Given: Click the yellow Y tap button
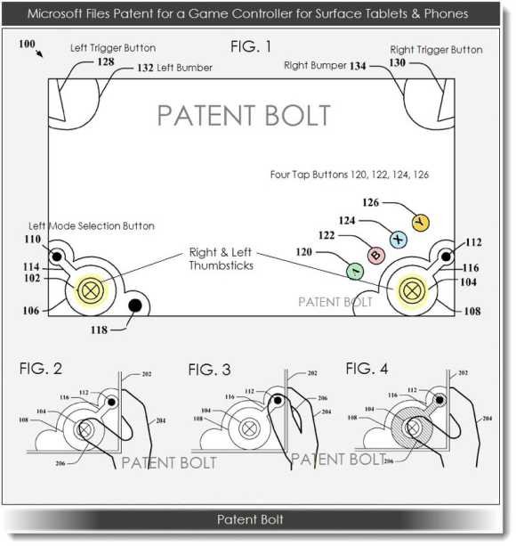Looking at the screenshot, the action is tap(421, 223).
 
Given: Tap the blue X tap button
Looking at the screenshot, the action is tap(399, 240).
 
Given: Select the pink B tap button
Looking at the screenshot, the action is tap(376, 256).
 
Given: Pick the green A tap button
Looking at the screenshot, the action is tap(355, 272).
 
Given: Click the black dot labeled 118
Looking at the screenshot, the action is tap(135, 306).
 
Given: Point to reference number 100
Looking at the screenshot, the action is tap(27, 44).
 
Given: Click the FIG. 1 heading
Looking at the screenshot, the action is tap(251, 46).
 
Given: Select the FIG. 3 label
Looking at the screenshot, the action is tap(209, 370).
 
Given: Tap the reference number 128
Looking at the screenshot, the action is tap(106, 61).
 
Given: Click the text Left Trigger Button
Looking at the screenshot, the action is tap(113, 48).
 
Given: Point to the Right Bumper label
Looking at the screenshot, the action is tap(315, 65).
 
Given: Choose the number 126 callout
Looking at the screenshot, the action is tap(371, 202).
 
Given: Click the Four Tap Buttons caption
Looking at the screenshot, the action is tap(350, 175).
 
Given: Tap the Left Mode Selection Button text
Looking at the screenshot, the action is tap(92, 226).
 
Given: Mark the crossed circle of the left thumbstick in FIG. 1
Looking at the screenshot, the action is tap(91, 290).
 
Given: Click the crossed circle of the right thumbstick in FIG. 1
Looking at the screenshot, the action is tap(412, 290).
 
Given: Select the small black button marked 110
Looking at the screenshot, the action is tap(57, 257).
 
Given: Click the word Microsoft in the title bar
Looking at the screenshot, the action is tap(53, 13).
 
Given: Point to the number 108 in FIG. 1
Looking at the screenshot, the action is tap(472, 311).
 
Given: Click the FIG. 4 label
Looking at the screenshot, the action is tap(367, 369).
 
